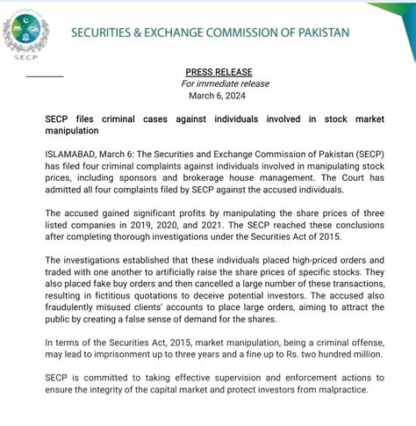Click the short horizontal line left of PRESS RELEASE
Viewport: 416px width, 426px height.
(45, 76)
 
